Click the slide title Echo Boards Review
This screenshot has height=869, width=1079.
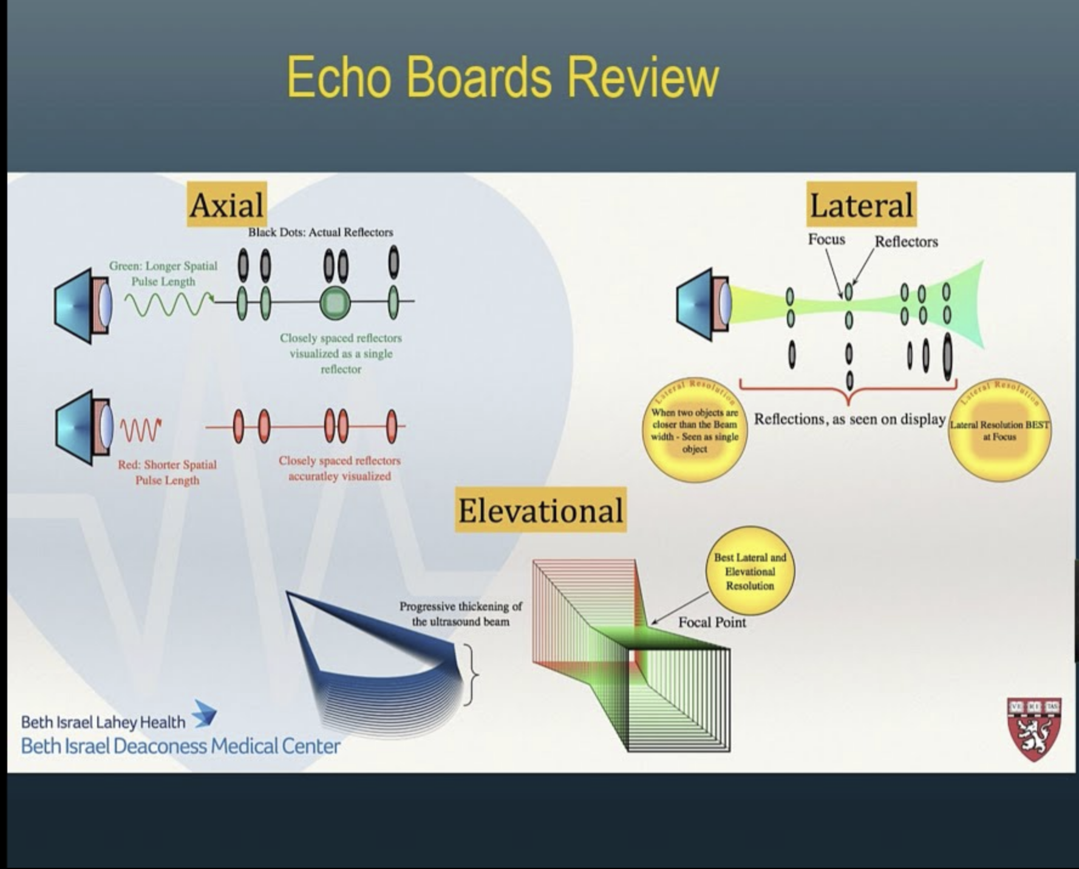coord(502,77)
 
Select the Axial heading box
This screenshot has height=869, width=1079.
coord(226,205)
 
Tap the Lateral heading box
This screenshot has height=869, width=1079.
coord(861,205)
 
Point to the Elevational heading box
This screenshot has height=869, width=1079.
coord(540,510)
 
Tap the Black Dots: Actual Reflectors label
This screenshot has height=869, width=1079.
coord(320,232)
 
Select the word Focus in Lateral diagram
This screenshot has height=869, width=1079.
coord(826,239)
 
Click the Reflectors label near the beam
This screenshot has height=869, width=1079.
coord(906,242)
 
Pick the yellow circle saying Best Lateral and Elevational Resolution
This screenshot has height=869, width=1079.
coord(750,571)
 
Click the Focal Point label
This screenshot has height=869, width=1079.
coord(712,622)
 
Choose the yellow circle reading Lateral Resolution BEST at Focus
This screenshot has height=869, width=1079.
coord(999,431)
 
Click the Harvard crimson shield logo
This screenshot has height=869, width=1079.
coord(1034,729)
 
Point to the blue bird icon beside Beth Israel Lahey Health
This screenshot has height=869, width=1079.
coord(205,714)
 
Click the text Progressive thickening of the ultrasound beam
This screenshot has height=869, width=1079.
coord(460,614)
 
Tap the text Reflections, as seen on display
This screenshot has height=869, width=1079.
coord(849,419)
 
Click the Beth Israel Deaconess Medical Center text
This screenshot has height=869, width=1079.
coord(180,746)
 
